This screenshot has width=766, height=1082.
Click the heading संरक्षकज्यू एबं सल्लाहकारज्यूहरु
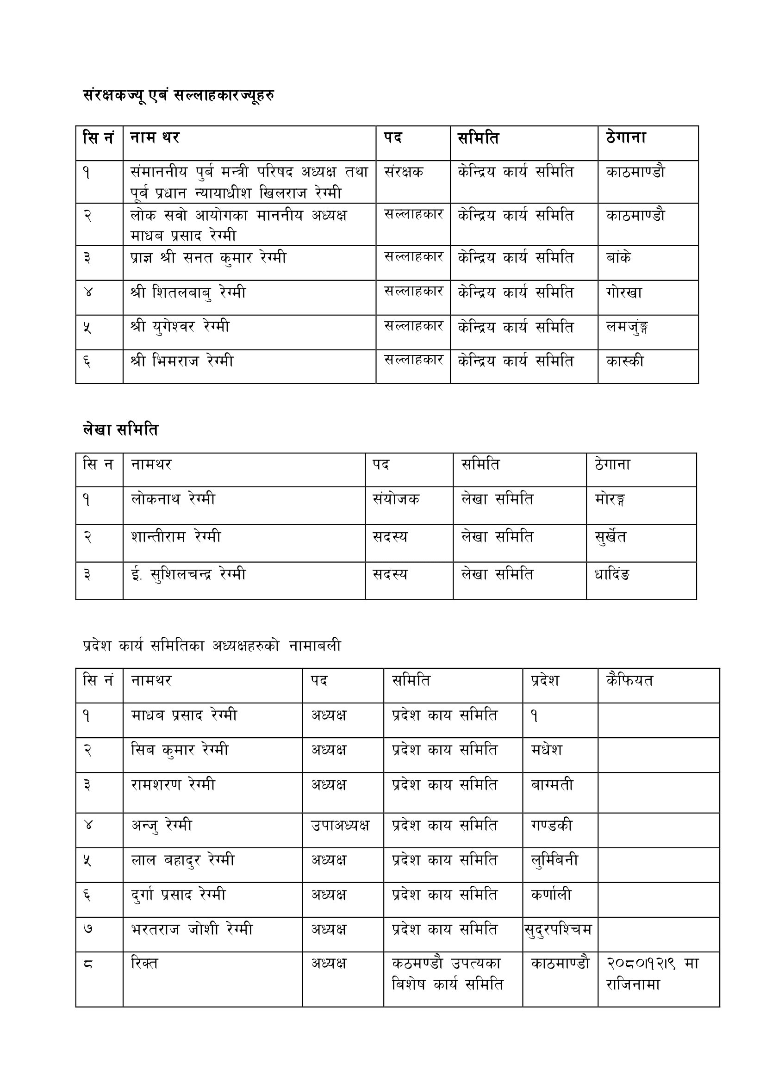click(x=178, y=96)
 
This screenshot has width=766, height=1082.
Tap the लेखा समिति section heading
click(x=120, y=429)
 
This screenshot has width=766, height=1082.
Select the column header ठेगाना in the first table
click(x=626, y=138)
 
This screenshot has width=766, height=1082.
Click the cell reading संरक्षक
click(x=404, y=172)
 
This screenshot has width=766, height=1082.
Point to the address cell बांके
click(x=618, y=257)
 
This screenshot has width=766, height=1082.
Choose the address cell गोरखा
click(x=624, y=293)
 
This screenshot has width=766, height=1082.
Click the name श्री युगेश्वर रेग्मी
click(x=180, y=326)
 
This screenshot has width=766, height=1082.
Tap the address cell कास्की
click(x=625, y=361)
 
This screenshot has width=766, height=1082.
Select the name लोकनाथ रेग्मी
click(x=173, y=499)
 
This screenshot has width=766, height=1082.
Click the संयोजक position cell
click(x=396, y=499)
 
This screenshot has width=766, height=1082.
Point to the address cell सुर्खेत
click(x=611, y=537)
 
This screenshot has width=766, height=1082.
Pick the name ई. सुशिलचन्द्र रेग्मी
click(x=188, y=574)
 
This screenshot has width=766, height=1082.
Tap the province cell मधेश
click(x=547, y=750)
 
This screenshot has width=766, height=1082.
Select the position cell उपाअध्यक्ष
click(x=340, y=826)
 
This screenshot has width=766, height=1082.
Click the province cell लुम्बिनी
click(x=554, y=860)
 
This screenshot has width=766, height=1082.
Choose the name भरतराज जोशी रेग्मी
click(x=192, y=930)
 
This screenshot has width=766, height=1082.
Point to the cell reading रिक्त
click(x=144, y=964)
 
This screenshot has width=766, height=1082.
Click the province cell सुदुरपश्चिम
click(x=559, y=930)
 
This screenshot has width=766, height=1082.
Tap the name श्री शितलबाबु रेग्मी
click(x=188, y=293)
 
